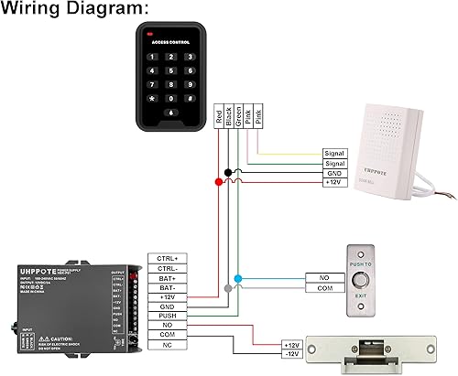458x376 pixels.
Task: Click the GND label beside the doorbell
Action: [x=333, y=173]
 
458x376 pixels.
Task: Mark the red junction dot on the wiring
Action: [x=218, y=183]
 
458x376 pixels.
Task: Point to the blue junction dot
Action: [x=238, y=277]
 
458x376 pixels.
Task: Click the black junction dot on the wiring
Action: [x=228, y=173]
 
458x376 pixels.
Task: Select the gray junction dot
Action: [x=228, y=288]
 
